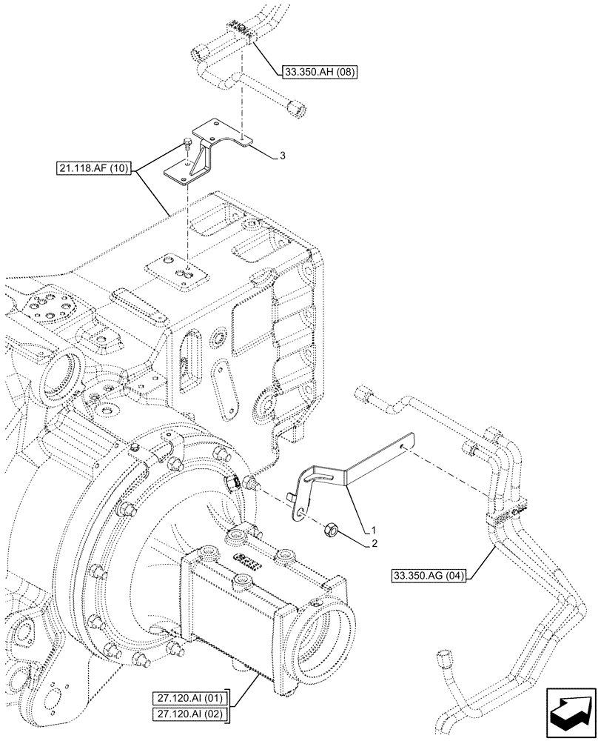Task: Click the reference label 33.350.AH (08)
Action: click(318, 73)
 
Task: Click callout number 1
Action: click(374, 531)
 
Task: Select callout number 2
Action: click(374, 543)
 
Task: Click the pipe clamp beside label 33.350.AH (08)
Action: click(238, 31)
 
